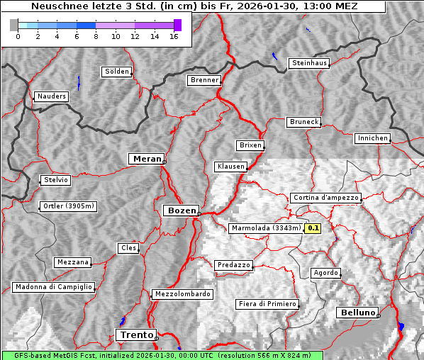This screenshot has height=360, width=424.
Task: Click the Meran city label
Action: pos(146,159)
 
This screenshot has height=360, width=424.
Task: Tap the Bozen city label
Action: pos(181,210)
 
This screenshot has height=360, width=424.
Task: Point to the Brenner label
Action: pos(204,80)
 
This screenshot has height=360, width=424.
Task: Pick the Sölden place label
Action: pos(117,72)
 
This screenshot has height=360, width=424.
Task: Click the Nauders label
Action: pos(51,96)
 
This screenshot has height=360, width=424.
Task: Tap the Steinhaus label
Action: pos(310,63)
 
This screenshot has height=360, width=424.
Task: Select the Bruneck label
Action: pos(304,122)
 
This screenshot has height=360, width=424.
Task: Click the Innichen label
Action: pos(372,138)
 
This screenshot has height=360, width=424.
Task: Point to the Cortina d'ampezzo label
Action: pos(325,198)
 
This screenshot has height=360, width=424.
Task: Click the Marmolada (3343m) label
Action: pos(266,228)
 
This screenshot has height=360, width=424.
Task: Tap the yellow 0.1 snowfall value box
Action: pos(313,228)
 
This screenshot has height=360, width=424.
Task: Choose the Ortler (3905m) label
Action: pos(66,206)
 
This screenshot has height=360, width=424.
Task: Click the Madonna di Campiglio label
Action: pos(53,287)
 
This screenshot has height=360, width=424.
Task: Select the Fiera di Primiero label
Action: pos(267,304)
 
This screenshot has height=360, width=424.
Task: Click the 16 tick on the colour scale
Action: pos(174,35)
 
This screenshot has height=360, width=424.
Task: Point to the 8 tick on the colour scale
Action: pos(96,35)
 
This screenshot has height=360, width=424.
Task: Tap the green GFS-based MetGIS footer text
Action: pos(161,355)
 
